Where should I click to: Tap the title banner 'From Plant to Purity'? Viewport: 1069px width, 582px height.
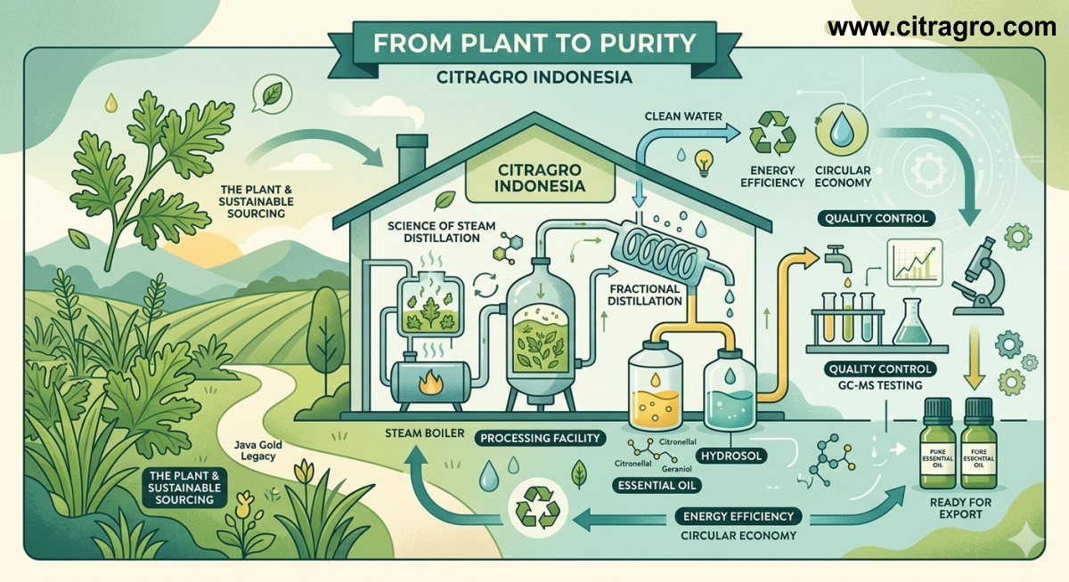click(534, 43)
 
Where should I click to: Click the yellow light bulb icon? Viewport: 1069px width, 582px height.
click(706, 161)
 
